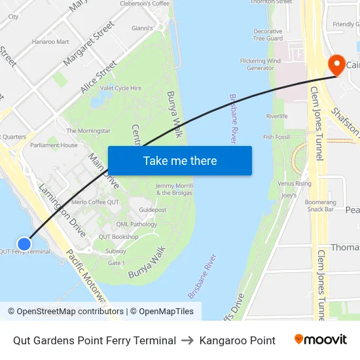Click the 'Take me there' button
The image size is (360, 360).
coord(180,160)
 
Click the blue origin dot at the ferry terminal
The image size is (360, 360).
coord(24,243)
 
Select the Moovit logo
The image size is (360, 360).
coord(320,340)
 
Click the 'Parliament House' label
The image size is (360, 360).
coord(54,145)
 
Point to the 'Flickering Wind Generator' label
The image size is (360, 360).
coord(261,64)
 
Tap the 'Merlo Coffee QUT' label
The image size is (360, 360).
coord(95,202)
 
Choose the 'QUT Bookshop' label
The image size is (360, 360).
coord(118,236)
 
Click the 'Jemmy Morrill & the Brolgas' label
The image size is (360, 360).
coord(174,189)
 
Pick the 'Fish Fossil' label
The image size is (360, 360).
coord(277,137)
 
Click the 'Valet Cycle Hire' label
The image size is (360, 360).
coord(120,88)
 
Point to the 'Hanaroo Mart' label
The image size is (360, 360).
coord(50,42)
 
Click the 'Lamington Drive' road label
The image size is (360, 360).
coord(62,210)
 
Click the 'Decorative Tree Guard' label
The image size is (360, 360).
coord(268,35)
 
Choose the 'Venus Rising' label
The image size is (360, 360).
coord(295,184)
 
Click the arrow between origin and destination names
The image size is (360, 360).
coord(188,340)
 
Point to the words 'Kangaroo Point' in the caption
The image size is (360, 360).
coord(238,340)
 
